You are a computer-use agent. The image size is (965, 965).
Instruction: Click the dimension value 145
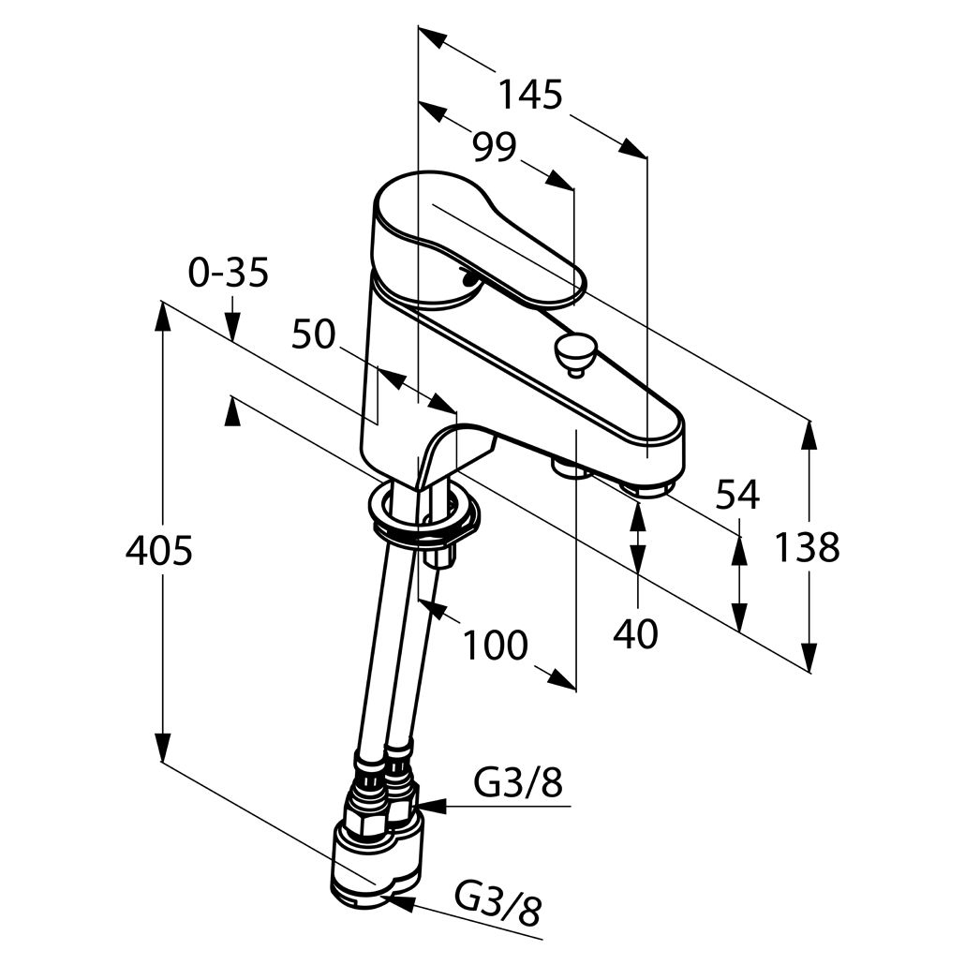coord(529,94)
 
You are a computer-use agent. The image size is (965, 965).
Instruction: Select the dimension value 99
coord(494,147)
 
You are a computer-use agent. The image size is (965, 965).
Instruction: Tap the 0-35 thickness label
coord(229,273)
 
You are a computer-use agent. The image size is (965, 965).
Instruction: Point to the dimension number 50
coord(313,334)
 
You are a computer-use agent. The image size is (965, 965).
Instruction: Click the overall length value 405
coord(158,551)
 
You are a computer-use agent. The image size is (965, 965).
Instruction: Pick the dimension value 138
coord(807,547)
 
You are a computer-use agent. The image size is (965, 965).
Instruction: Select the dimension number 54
coord(737,494)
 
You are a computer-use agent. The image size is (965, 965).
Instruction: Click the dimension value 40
coord(636,634)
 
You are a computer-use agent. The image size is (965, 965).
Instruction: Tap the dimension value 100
coord(494,645)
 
